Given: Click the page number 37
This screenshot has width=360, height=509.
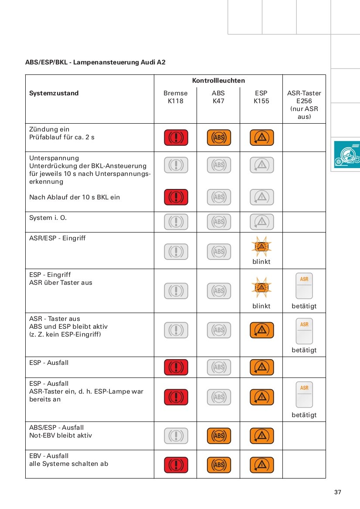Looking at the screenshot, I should [x=338, y=492].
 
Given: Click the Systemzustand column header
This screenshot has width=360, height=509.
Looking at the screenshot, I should [x=54, y=93].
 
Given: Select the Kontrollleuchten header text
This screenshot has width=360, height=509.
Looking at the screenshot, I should [x=218, y=81].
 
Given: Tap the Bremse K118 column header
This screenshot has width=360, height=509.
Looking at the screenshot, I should [x=176, y=97].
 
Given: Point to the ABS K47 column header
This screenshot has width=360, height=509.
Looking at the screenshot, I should [x=218, y=97].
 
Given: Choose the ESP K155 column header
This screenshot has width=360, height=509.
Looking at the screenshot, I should [x=262, y=97].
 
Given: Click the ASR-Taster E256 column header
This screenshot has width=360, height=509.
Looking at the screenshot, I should [x=304, y=104].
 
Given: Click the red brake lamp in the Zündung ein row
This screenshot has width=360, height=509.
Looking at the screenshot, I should [x=176, y=138].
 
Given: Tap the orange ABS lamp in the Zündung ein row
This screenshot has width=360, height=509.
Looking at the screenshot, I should [x=219, y=138].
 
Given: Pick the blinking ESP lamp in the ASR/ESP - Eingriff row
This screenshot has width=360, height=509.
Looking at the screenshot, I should [x=262, y=247].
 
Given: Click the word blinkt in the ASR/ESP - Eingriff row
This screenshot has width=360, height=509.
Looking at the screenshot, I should [x=262, y=262].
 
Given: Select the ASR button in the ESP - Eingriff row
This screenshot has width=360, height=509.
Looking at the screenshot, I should [x=304, y=286].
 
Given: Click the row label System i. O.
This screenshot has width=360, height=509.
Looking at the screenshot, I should [x=48, y=218].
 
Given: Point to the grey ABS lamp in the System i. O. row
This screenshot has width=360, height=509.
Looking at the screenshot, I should [x=219, y=222].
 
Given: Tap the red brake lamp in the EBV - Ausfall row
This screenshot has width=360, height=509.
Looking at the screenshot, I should [x=176, y=465].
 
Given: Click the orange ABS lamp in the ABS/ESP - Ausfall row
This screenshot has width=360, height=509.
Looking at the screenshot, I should [x=219, y=436].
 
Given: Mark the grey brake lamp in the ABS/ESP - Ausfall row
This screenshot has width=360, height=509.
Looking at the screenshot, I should [x=176, y=436].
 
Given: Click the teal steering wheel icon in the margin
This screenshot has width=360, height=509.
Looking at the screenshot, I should [x=347, y=155].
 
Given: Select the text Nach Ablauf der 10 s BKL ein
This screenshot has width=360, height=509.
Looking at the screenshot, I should [x=75, y=197].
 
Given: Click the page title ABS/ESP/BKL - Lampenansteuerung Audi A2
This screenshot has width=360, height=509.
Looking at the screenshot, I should [x=95, y=62].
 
